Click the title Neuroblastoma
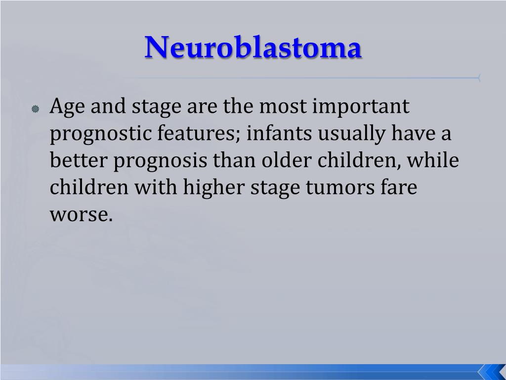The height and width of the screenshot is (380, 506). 253,48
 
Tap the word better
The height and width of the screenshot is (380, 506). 78,161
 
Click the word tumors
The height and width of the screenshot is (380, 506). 343,189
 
